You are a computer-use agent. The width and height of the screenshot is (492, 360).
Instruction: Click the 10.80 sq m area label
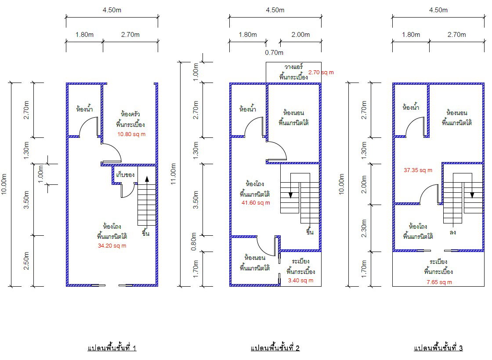point(131,134)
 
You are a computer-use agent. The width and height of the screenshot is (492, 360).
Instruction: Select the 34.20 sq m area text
point(112,245)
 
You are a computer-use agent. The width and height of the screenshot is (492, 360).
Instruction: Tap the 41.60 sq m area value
point(256,202)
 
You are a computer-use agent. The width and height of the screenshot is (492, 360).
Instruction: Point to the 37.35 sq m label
point(418,170)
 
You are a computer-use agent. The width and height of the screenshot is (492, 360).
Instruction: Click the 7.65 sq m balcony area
point(439,282)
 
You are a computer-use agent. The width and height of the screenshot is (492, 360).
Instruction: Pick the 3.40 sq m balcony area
point(301,281)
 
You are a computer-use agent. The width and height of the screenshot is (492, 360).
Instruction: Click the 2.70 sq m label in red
point(321,72)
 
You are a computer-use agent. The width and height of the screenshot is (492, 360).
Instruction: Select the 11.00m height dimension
point(173,174)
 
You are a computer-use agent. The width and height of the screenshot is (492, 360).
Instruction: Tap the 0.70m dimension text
point(274,52)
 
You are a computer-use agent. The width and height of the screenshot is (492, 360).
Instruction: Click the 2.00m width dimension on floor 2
point(300,35)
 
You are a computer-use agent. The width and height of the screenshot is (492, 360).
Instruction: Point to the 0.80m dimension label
point(194,241)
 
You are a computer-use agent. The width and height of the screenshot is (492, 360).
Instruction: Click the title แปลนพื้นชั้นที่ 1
point(112,348)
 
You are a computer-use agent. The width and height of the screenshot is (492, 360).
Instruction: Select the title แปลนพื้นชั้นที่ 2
point(275,348)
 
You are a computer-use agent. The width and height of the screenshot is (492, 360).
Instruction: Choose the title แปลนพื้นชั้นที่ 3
point(438,348)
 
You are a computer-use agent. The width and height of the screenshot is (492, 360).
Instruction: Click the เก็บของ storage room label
point(126,174)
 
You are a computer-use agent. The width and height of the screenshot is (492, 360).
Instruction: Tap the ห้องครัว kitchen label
point(130,114)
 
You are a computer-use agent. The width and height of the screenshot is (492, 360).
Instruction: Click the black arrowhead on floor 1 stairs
point(147,179)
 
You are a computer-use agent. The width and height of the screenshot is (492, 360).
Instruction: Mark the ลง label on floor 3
point(452,232)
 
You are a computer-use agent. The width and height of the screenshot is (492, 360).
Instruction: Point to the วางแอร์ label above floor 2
point(294,66)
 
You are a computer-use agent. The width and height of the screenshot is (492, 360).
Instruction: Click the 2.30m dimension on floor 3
point(364,228)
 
